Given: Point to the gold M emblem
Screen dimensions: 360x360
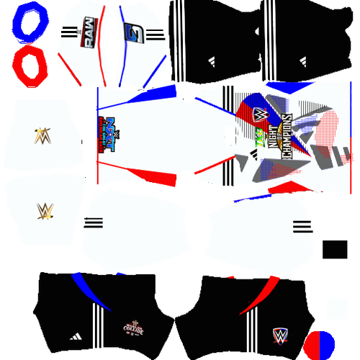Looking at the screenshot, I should click(42, 134).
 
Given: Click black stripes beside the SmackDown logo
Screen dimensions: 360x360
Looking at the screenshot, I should click(156, 34).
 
